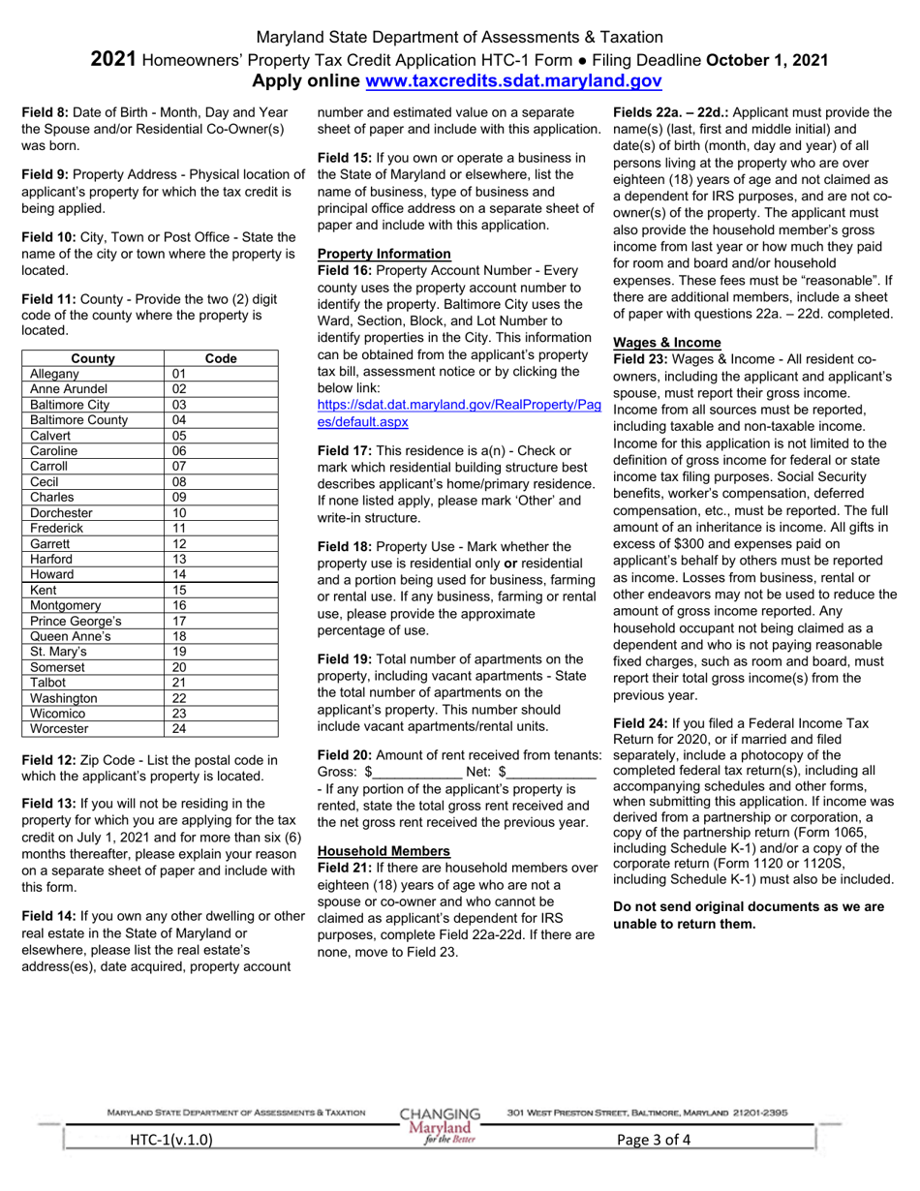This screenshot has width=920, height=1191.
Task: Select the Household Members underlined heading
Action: coord(383,850)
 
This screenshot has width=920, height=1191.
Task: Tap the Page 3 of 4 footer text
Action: coord(655,1140)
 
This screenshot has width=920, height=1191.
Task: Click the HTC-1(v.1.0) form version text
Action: coord(171,1140)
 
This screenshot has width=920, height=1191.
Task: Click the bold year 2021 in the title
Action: coord(113,60)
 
